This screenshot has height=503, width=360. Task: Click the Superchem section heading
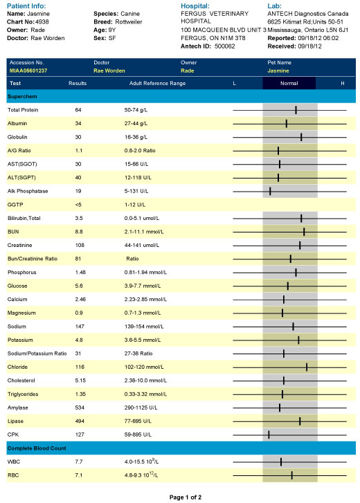coord(22,97)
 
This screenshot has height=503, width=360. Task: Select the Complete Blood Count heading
coord(37,448)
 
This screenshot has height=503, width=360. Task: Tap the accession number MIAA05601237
coord(28,71)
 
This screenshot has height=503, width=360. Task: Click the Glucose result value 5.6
coord(79,286)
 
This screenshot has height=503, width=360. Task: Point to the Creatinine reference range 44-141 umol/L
coord(142,245)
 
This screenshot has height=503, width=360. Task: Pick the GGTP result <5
coord(78,205)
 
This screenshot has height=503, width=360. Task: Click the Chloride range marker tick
coord(307,367)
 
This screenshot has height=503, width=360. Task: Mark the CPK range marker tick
coord(269,435)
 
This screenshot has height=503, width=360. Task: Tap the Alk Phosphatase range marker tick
coord(270,191)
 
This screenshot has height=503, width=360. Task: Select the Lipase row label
coord(15,421)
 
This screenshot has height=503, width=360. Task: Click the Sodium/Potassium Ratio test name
coord(37,354)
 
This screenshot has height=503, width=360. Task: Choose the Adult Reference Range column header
coord(157,83)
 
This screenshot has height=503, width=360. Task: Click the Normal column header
coord(289,83)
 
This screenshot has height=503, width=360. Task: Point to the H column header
coord(343,83)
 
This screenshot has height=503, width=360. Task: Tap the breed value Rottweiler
coord(129,22)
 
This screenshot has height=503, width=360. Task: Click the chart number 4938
coord(42,22)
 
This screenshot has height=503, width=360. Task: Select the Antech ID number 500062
coord(224,46)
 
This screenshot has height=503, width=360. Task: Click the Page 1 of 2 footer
coord(186,497)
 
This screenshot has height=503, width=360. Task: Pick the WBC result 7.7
coord(79,461)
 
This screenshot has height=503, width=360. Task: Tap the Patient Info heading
coord(26,6)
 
